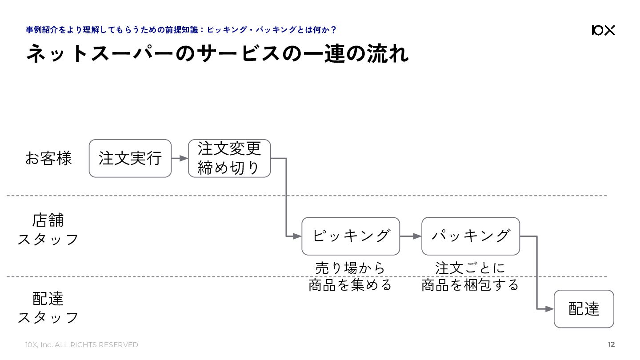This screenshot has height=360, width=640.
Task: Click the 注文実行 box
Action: point(130,158)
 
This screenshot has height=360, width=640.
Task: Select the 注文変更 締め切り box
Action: point(229,158)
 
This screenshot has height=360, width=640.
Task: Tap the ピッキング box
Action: point(351,236)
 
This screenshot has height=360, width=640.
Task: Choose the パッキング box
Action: point(471,236)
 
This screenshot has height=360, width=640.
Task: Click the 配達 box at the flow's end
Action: point(584,309)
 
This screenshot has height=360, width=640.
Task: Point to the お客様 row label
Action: point(48,158)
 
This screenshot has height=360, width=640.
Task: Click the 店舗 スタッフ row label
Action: point(48,229)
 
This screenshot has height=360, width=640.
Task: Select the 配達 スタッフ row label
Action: point(48,308)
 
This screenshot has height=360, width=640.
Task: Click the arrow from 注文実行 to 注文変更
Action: point(180,158)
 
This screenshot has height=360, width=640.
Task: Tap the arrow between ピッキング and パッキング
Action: point(411,236)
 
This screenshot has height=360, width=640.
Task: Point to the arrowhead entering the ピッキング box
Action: point(297,236)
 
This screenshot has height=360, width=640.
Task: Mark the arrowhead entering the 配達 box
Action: point(550,309)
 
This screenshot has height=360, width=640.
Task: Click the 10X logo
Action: point(603,30)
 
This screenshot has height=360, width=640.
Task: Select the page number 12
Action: point(611,344)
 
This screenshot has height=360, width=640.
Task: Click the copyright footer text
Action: point(82,345)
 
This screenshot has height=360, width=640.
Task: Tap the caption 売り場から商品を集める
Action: point(350,276)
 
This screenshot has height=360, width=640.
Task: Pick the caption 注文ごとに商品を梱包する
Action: point(470,276)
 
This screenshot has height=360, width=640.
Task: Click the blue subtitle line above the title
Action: point(181,30)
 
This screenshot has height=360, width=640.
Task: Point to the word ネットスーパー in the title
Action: point(100,53)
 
